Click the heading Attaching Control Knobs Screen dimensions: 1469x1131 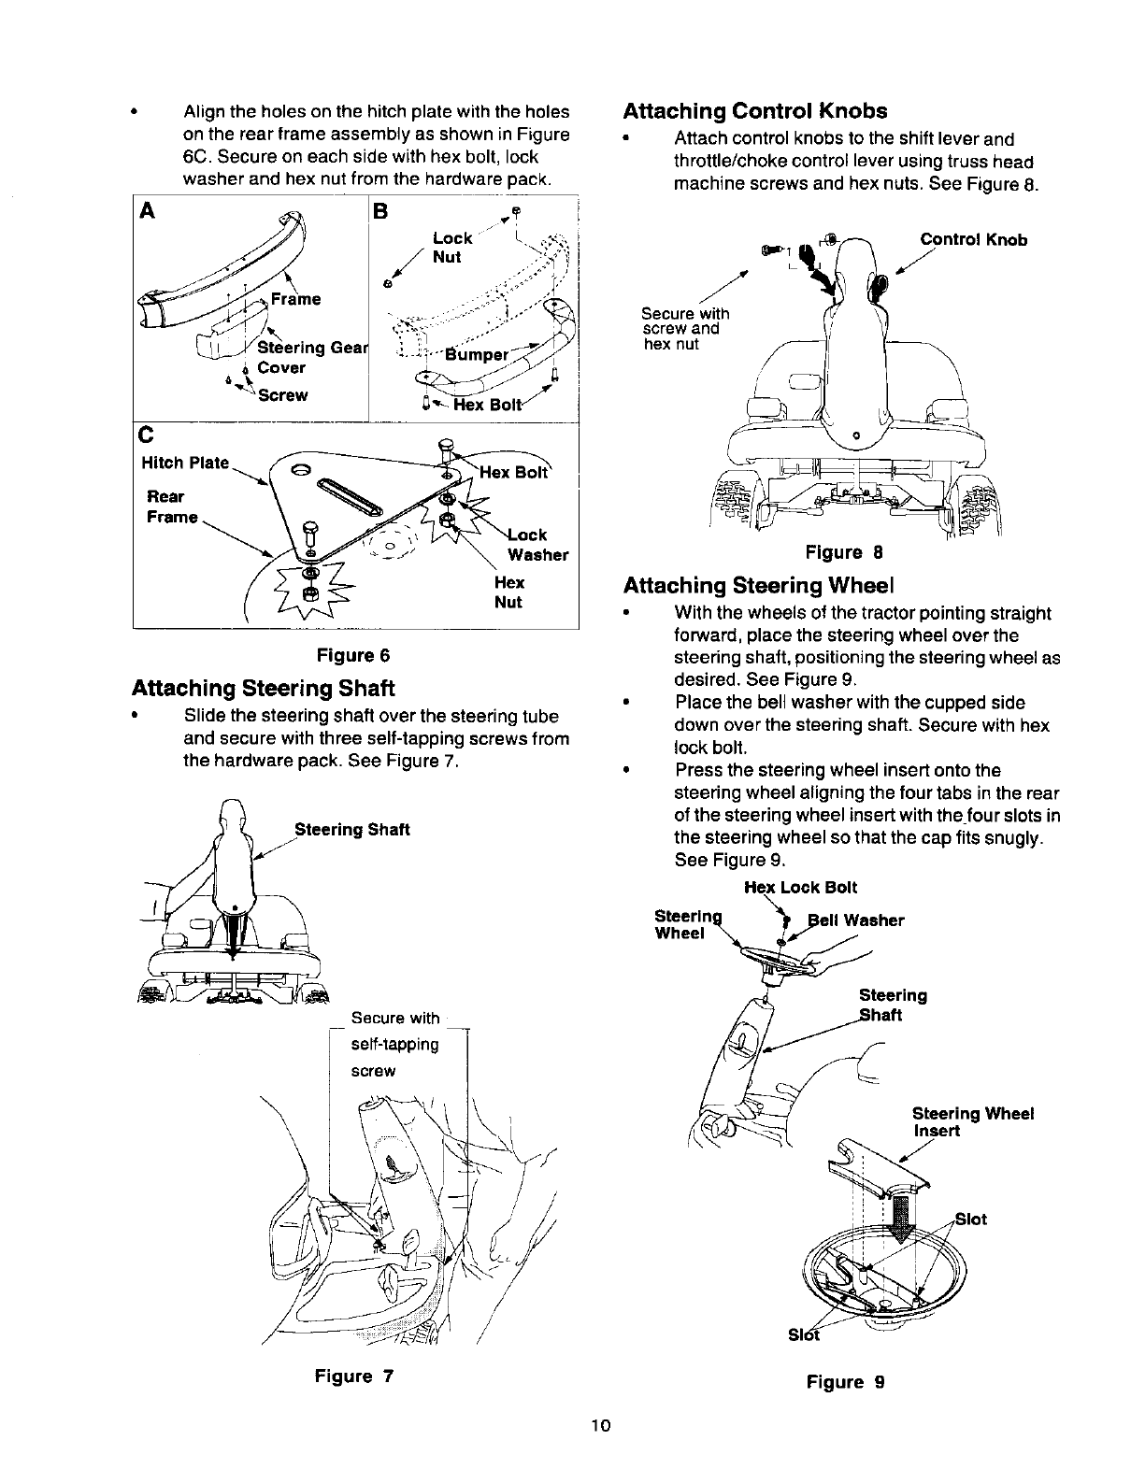point(755,111)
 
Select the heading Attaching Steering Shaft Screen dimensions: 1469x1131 point(264,689)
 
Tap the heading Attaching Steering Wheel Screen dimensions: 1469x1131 point(759,586)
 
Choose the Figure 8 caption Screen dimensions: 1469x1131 point(845,553)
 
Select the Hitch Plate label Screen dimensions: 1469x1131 point(184,464)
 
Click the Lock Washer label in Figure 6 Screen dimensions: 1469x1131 point(536,545)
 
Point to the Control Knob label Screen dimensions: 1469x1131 point(973,240)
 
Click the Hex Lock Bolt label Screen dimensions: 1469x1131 point(800,887)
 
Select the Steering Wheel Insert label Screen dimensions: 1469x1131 point(972,1122)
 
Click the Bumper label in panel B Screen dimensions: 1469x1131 point(477,354)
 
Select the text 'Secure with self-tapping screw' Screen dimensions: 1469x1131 point(394,1044)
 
